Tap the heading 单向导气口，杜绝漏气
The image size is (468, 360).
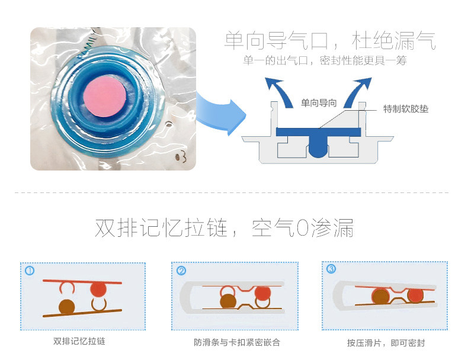coord(330,40)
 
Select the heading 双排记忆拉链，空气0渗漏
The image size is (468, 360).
coord(225,228)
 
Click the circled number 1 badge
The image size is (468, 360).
coord(30,271)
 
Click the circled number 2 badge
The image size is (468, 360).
coord(181,271)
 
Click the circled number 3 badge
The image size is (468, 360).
coord(331,269)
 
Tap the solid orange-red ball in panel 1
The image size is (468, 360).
coord(98,290)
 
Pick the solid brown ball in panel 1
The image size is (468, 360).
coord(66,306)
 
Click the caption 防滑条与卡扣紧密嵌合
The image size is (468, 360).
coord(236,342)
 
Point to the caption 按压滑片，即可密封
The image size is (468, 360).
coord(386,343)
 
